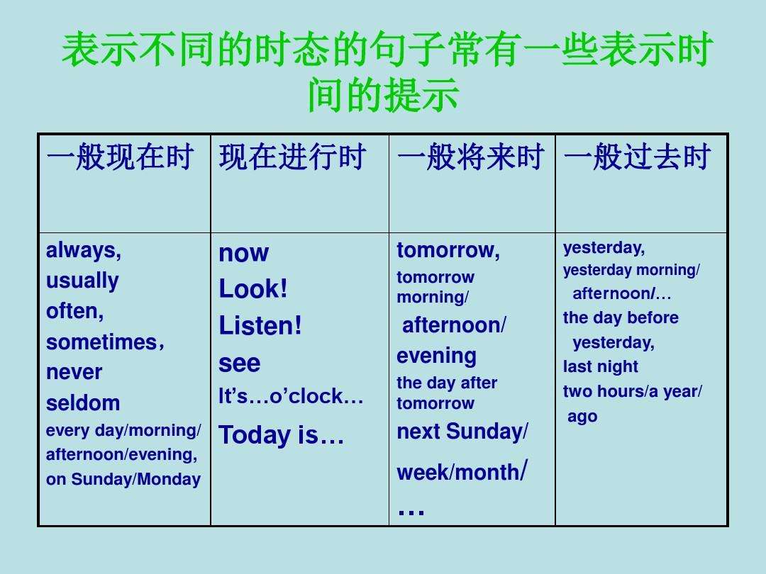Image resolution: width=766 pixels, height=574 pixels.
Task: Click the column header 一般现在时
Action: point(120,157)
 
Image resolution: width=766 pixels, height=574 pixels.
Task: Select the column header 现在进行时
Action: point(293,157)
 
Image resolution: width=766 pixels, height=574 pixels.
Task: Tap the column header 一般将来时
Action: point(471,157)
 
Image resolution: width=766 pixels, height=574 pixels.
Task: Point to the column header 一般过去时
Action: point(637,157)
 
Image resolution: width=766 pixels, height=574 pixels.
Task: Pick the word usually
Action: point(82,281)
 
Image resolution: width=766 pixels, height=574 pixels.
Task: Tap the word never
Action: point(74,373)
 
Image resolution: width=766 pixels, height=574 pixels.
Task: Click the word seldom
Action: point(83,403)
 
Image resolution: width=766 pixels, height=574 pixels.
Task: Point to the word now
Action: point(244,253)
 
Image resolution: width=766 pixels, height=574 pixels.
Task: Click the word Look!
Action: point(253,288)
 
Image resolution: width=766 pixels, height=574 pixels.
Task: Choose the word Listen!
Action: point(260,325)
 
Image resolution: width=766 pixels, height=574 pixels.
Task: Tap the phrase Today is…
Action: point(282,435)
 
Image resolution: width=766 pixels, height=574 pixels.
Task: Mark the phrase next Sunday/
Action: point(462,432)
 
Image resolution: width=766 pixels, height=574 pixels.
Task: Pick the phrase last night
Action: point(601,366)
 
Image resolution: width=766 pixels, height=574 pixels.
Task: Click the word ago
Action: point(582,417)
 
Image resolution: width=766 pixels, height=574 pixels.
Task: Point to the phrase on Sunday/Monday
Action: point(123,479)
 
